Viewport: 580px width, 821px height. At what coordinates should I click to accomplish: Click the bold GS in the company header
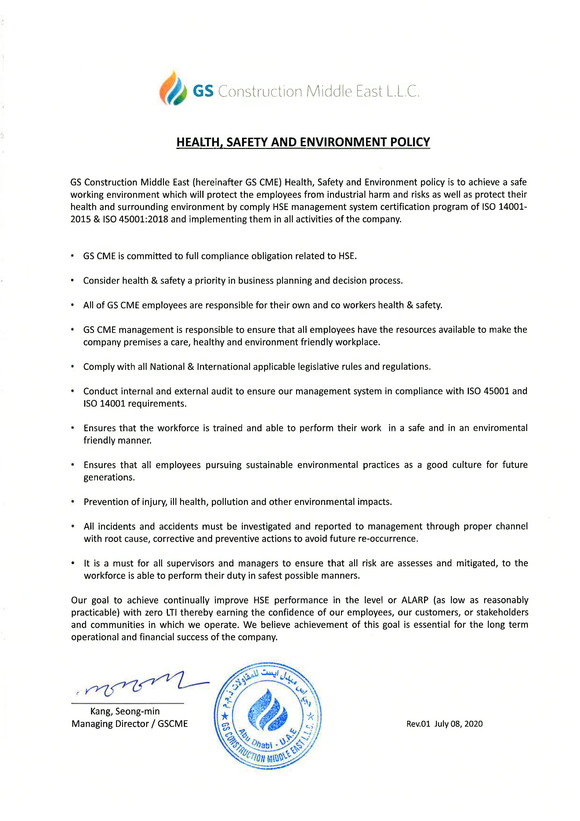coord(203,91)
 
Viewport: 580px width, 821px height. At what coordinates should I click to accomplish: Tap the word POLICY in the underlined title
coord(410,142)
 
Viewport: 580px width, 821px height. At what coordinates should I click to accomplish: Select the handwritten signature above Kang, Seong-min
coord(143,685)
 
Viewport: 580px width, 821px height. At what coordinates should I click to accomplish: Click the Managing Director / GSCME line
coord(129,724)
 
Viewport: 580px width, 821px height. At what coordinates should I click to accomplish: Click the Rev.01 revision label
coord(418,724)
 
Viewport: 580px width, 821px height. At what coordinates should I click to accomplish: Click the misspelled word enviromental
coord(500,428)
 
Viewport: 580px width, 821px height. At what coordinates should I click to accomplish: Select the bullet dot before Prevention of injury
coord(73,502)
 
